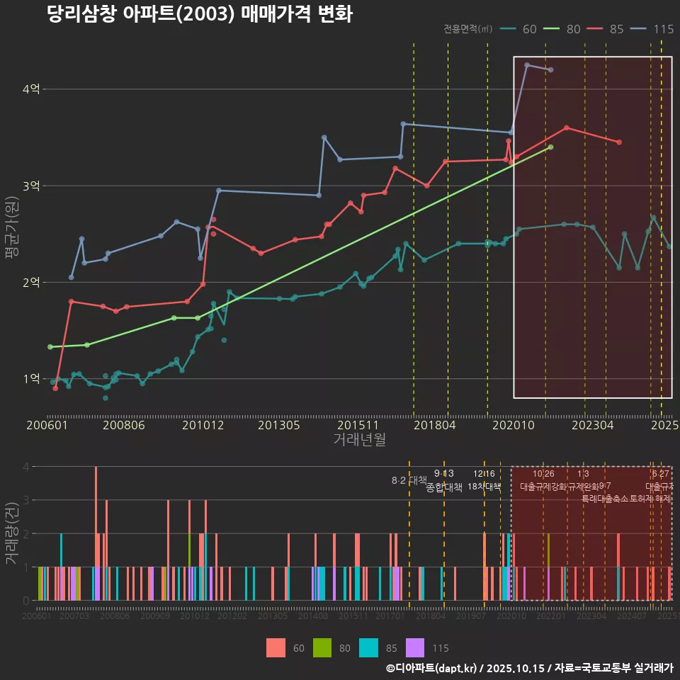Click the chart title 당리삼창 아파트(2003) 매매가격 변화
tap(199, 14)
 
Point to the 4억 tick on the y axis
tap(31, 89)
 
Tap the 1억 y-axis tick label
tap(31, 379)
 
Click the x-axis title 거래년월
tap(359, 440)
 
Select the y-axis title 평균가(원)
tap(12, 233)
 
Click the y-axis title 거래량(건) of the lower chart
tap(12, 533)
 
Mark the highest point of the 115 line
tap(527, 65)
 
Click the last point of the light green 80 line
tap(551, 147)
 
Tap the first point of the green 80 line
tap(50, 347)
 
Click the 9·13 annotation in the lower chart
tap(444, 474)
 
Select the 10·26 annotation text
tap(543, 474)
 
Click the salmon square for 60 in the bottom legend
tap(276, 647)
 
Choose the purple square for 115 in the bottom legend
tap(415, 647)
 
